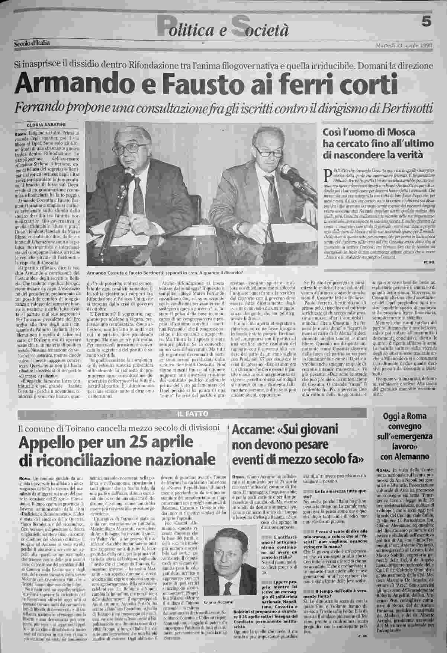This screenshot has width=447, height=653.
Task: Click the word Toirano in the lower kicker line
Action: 74,428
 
